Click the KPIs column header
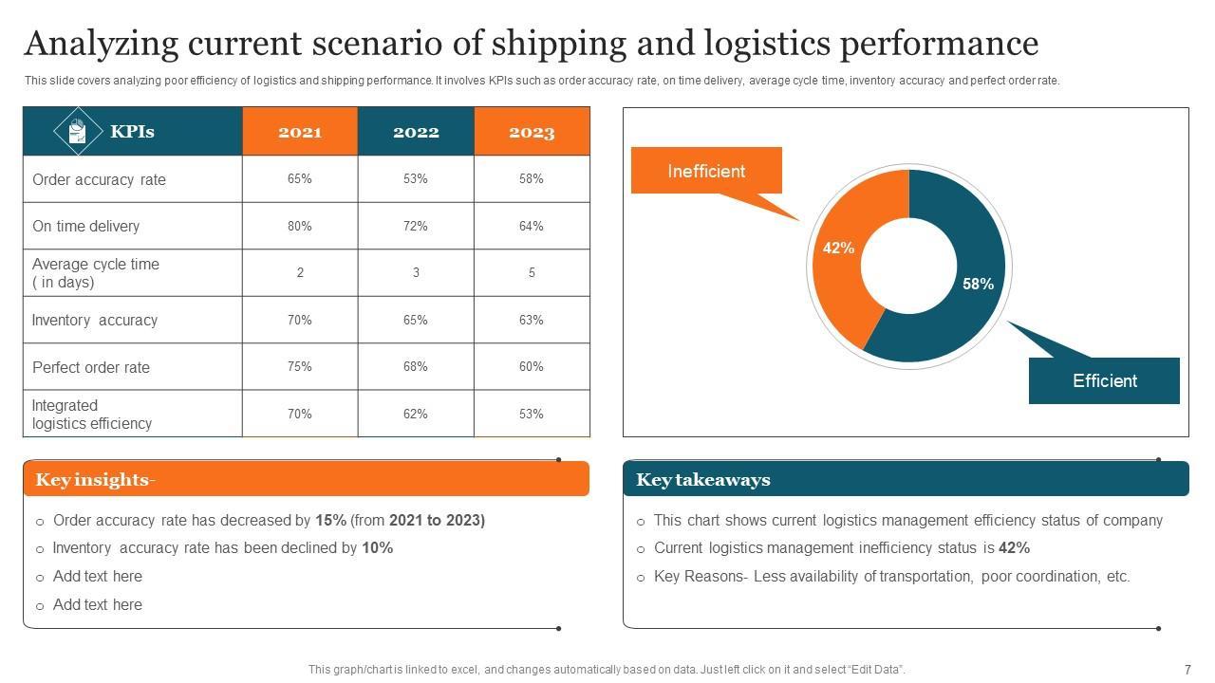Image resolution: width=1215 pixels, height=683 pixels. coord(132,132)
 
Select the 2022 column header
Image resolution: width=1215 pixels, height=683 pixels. coord(416,132)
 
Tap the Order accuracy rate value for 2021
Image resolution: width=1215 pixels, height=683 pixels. coord(300,179)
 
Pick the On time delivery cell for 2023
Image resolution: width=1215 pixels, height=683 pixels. coord(532,226)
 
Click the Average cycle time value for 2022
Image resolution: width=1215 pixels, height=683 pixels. coord(416,273)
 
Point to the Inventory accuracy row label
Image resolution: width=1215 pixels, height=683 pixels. coord(95,321)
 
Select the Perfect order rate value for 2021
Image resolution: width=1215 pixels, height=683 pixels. coord(300,367)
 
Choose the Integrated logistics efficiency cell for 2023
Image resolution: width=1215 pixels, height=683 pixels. coord(532,414)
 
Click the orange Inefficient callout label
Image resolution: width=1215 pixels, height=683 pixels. coord(706,171)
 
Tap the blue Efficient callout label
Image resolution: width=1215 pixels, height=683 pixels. coord(1104,380)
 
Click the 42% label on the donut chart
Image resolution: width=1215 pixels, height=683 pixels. coord(838,249)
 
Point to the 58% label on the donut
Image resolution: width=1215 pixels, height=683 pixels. coord(978,284)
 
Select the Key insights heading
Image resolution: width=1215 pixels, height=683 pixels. coord(95,480)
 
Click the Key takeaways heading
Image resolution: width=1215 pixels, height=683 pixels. coord(703,480)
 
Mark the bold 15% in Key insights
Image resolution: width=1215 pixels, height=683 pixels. coord(331,521)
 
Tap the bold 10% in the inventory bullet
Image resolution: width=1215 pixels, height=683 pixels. coord(378,548)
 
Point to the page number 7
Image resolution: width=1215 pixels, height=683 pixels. coord(1187,669)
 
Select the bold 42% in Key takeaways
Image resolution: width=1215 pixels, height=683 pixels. coord(1015,548)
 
